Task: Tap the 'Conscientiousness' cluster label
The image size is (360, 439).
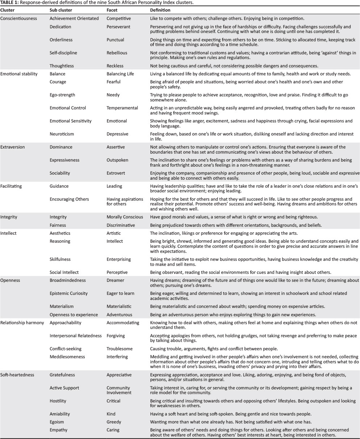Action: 18,18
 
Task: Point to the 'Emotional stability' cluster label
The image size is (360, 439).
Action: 19,74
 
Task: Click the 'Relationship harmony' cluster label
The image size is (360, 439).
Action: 22,322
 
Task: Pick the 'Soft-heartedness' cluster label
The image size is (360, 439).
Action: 17,375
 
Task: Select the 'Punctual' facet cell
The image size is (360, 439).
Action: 115,40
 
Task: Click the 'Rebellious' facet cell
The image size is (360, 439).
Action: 117,53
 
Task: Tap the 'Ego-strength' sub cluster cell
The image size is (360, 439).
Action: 62,95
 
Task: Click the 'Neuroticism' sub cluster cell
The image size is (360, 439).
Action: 62,134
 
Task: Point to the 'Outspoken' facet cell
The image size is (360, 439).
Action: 118,160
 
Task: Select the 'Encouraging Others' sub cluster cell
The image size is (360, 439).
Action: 69,199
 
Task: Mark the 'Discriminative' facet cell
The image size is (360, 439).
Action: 122,225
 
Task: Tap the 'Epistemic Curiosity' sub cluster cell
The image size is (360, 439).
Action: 68,293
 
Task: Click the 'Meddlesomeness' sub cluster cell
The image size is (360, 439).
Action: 67,357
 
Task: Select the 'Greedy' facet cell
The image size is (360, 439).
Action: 114,422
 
